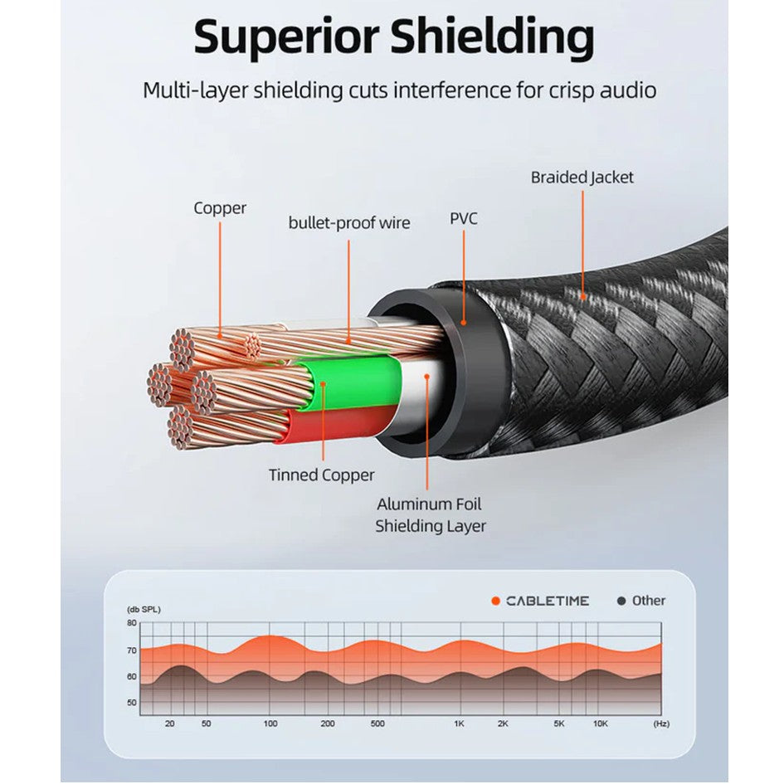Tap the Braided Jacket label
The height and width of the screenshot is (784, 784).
pyautogui.click(x=582, y=177)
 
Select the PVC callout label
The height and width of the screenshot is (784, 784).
pyautogui.click(x=464, y=219)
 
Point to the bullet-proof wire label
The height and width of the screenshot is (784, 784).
pyautogui.click(x=348, y=222)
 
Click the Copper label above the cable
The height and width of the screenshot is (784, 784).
pyautogui.click(x=220, y=208)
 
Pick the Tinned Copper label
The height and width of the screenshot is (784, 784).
pyautogui.click(x=321, y=475)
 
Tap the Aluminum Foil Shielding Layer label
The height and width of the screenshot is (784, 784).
pyautogui.click(x=430, y=514)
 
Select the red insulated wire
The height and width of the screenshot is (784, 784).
pyautogui.click(x=332, y=425)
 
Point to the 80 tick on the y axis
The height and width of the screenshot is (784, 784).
pyautogui.click(x=131, y=623)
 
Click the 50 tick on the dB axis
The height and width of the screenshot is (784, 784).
pyautogui.click(x=131, y=703)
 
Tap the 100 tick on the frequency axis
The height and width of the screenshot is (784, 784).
pyautogui.click(x=270, y=723)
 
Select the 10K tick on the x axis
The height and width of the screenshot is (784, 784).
pyautogui.click(x=600, y=723)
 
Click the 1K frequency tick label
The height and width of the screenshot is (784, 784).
pyautogui.click(x=459, y=723)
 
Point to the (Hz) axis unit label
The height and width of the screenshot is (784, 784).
pyautogui.click(x=660, y=723)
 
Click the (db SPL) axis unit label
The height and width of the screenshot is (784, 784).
pyautogui.click(x=144, y=609)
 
